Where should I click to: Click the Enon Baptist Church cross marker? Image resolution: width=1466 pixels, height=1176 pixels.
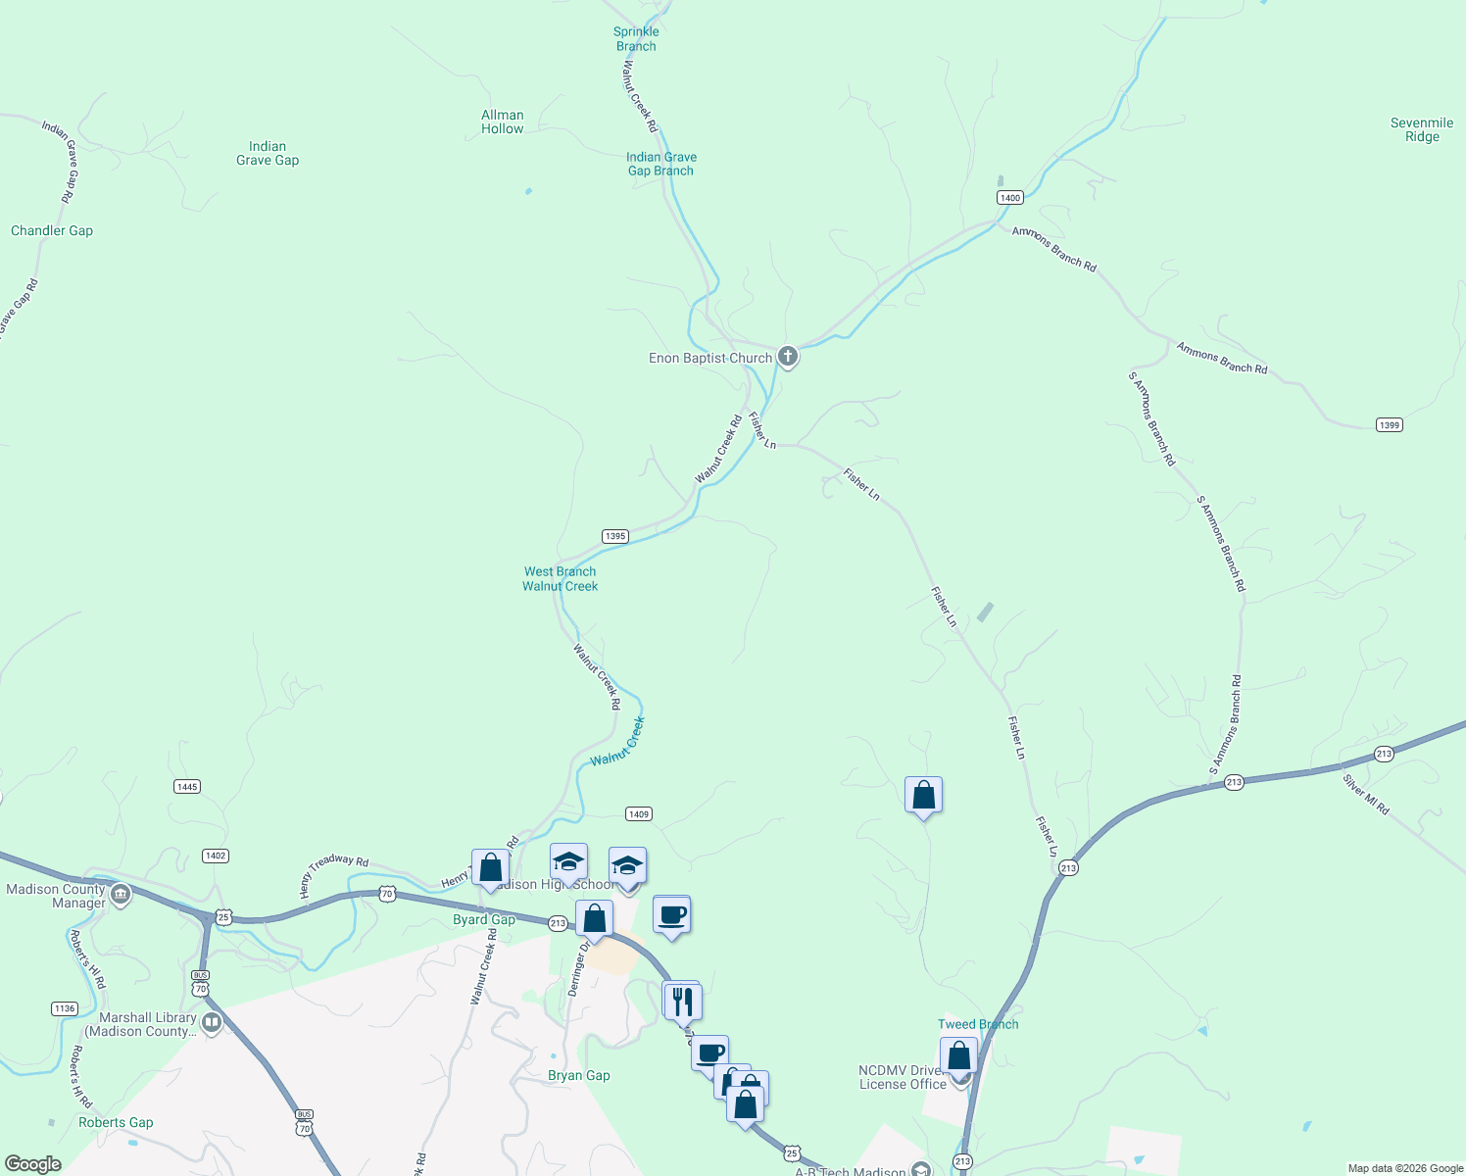click(x=787, y=357)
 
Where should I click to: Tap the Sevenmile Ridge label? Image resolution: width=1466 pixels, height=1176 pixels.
click(x=1421, y=129)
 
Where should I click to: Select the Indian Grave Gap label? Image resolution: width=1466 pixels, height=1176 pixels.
click(x=268, y=153)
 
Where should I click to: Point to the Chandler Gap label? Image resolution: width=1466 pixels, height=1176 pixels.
click(x=52, y=230)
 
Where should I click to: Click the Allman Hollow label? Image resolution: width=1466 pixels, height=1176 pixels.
click(x=503, y=122)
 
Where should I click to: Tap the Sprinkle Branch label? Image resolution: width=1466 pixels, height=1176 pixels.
click(x=636, y=39)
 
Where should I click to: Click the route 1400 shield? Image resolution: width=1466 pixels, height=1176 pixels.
click(x=1009, y=198)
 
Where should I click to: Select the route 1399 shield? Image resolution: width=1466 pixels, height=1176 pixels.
click(x=1389, y=425)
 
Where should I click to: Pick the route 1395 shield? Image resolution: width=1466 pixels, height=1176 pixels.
click(x=614, y=536)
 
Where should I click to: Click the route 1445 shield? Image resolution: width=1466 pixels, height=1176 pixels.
click(x=187, y=787)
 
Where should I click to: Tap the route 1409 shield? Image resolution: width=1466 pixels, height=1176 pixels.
click(x=638, y=814)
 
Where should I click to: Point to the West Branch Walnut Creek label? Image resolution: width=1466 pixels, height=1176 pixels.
click(x=560, y=578)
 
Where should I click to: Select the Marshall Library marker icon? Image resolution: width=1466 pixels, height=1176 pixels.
click(x=212, y=1023)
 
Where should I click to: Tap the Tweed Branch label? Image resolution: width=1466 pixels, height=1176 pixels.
click(x=978, y=1024)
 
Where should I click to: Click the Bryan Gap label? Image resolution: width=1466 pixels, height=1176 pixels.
click(x=578, y=1075)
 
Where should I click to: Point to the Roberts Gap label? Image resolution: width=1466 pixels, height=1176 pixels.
click(x=116, y=1122)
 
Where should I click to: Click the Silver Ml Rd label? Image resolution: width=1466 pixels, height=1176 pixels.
click(x=1366, y=795)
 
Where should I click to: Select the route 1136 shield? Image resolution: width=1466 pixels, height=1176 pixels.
click(x=65, y=1008)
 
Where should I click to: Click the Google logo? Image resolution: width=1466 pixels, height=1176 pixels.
click(x=33, y=1164)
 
